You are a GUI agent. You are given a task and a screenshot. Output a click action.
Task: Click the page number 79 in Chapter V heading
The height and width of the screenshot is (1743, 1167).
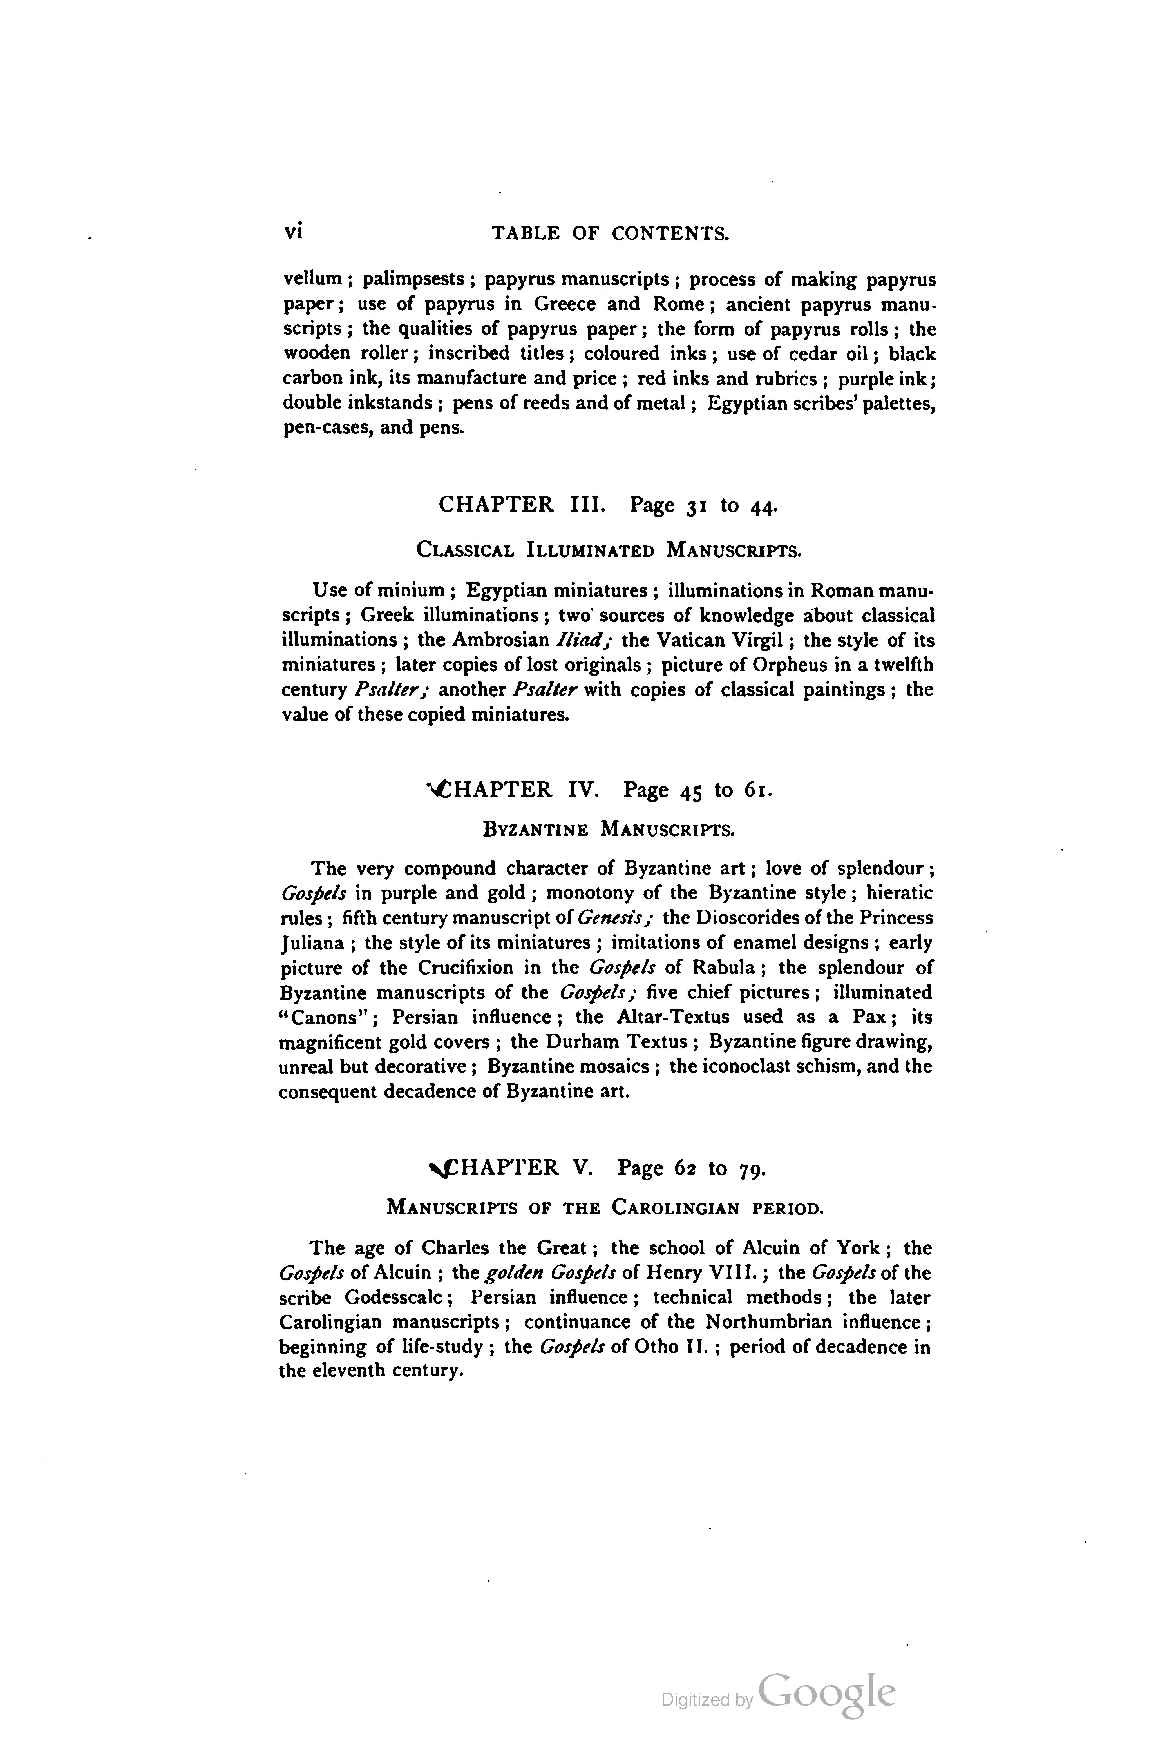(x=752, y=1169)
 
